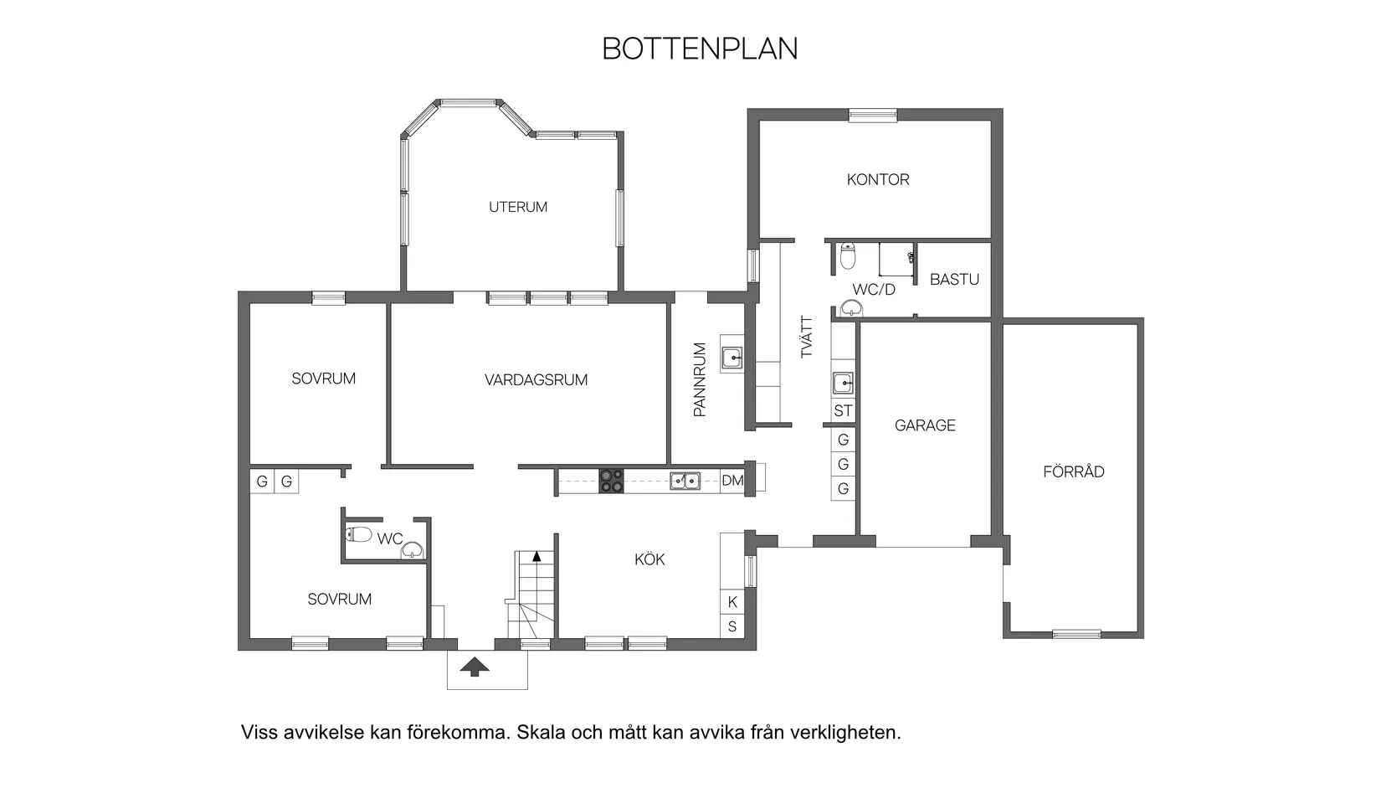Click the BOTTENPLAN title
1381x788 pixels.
point(700,49)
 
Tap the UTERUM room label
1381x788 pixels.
point(518,207)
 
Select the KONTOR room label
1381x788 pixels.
point(877,179)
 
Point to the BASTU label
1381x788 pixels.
point(954,280)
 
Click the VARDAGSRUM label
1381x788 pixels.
point(536,380)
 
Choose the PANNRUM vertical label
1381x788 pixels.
point(701,379)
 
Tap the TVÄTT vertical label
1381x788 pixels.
point(807,337)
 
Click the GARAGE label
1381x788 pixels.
point(925,425)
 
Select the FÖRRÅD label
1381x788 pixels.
point(1073,471)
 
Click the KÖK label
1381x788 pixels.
point(649,559)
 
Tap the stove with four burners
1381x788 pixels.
point(611,481)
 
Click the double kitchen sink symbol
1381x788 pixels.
point(685,481)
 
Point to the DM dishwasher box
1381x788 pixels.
point(732,481)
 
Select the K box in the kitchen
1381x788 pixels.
point(732,602)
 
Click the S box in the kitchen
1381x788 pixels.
point(732,626)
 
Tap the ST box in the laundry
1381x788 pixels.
point(843,411)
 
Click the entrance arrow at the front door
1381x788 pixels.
point(475,667)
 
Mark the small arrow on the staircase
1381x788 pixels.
point(536,554)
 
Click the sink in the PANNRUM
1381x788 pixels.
point(732,358)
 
